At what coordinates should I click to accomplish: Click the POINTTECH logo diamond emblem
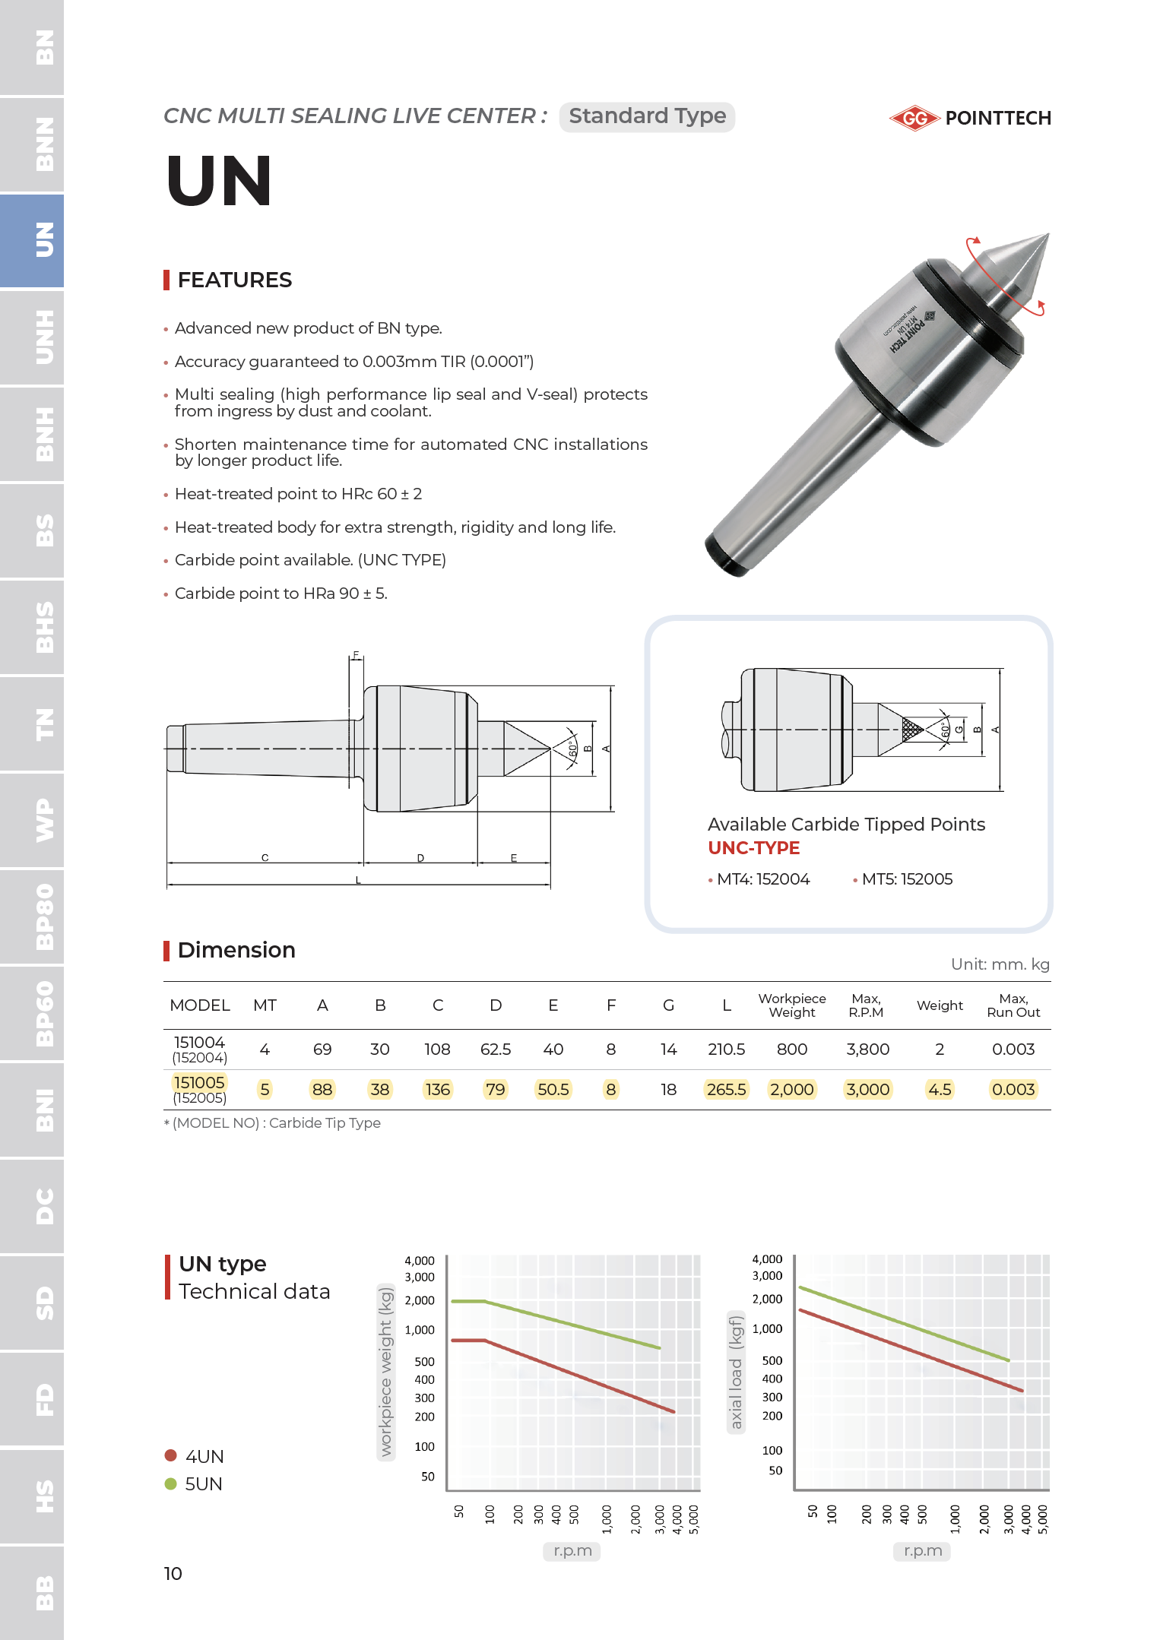coord(914,118)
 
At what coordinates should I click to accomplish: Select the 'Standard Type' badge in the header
coord(647,116)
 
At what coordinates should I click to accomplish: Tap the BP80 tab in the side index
coord(43,917)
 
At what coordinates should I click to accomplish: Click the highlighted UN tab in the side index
coord(43,241)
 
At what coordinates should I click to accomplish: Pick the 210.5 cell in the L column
coord(726,1050)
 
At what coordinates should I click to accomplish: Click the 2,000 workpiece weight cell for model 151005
coord(791,1090)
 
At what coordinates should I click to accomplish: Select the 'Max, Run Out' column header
coord(1013,1005)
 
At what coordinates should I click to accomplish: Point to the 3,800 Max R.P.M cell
coord(867,1050)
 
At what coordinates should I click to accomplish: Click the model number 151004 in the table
coord(199,1043)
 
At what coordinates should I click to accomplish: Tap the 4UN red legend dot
coord(171,1455)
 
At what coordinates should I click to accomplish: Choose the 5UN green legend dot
coord(171,1483)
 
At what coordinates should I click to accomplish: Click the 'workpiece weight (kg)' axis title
coord(386,1370)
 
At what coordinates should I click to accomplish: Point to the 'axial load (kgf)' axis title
coord(735,1372)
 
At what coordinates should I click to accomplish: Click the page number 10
coord(173,1573)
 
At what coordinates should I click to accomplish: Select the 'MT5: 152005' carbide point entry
coord(906,879)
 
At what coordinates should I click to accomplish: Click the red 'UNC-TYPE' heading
coord(753,848)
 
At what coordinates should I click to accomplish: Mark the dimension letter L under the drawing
coord(358,880)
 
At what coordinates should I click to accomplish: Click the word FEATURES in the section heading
coord(234,280)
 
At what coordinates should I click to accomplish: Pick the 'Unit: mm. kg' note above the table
coord(1000,964)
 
